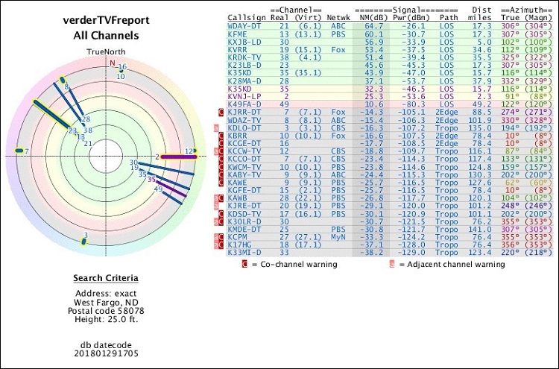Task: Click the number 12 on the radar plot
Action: tap(189, 151)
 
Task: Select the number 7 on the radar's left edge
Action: tap(26, 151)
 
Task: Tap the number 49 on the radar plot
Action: tap(158, 189)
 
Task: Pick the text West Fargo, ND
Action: tap(104, 302)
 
